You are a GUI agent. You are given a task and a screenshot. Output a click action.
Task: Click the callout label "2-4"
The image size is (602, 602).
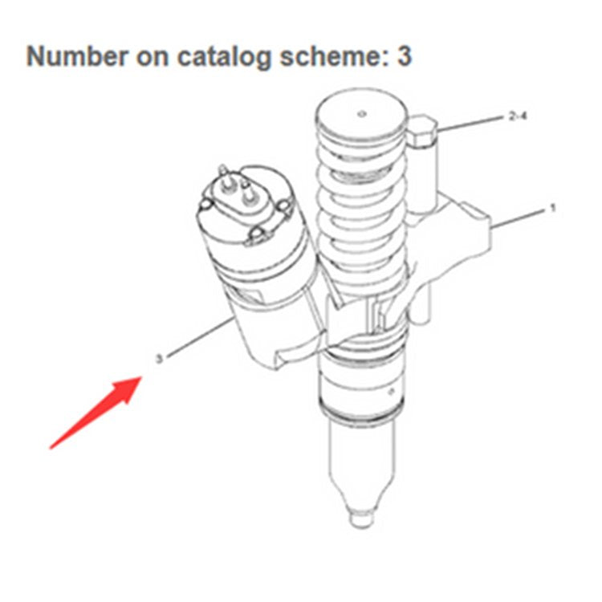pos(518,116)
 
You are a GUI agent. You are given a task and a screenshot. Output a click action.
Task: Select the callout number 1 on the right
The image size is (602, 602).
pos(552,209)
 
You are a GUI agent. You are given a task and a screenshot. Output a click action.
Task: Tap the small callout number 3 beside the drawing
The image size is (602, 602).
pos(159,359)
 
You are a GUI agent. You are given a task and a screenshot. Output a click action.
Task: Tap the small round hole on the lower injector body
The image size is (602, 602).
pos(388,393)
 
